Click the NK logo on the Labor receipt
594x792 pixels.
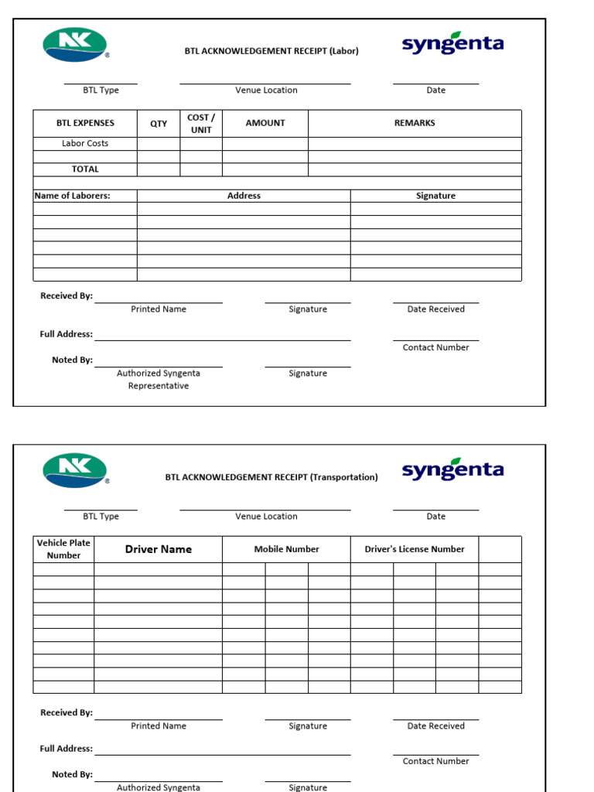click(75, 45)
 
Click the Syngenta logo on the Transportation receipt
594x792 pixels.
click(452, 469)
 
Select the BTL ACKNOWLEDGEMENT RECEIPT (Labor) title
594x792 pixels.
click(271, 51)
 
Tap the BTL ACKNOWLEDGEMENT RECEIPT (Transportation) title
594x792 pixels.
click(271, 477)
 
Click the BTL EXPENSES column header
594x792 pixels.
click(85, 123)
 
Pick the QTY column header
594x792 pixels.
click(159, 124)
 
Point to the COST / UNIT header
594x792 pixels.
click(201, 124)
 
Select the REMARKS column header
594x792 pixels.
click(415, 123)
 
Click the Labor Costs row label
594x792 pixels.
click(85, 143)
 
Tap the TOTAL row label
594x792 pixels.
click(85, 169)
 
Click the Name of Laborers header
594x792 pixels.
click(72, 196)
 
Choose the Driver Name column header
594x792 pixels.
click(159, 549)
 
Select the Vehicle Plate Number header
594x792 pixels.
click(63, 549)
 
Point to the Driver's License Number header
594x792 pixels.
click(415, 549)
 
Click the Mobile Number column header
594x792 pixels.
click(286, 549)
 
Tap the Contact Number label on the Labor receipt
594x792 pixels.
click(435, 347)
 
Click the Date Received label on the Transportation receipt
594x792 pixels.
click(435, 725)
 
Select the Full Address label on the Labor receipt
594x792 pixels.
click(66, 334)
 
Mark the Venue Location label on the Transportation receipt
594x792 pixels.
click(266, 516)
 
